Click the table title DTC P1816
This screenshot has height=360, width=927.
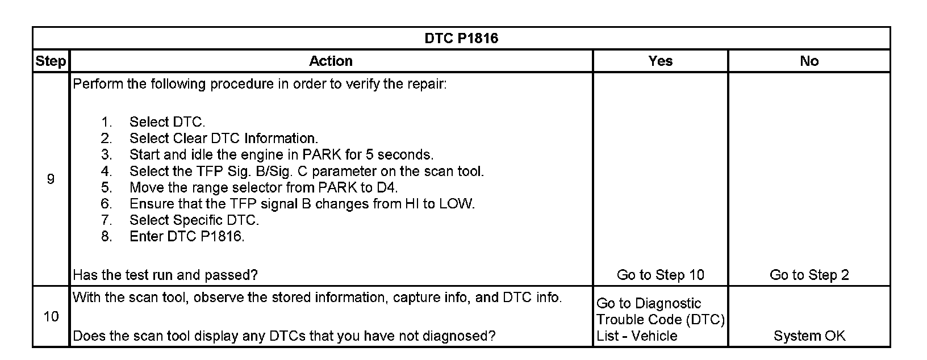(x=461, y=38)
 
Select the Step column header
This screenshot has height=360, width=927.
(x=51, y=61)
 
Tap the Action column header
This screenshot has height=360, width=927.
(x=331, y=61)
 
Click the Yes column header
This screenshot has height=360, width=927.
(x=660, y=61)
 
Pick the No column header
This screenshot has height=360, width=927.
(x=809, y=61)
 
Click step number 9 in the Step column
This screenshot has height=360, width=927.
(x=51, y=179)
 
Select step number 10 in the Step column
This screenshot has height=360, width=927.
(x=51, y=316)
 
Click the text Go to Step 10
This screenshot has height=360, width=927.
(x=660, y=275)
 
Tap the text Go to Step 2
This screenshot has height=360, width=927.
(x=809, y=275)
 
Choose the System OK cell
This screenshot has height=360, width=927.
(x=809, y=336)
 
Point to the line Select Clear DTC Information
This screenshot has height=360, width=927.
(x=223, y=139)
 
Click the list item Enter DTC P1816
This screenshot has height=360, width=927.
(x=187, y=237)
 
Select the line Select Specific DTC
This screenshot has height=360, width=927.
(x=194, y=220)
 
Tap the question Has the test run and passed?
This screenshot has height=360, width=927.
(x=165, y=275)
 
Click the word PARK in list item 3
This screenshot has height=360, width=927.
(x=322, y=155)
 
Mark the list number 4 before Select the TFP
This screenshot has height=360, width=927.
(x=106, y=171)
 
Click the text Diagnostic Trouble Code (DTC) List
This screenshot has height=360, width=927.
(x=660, y=320)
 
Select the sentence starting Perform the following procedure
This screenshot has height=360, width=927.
(x=260, y=85)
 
